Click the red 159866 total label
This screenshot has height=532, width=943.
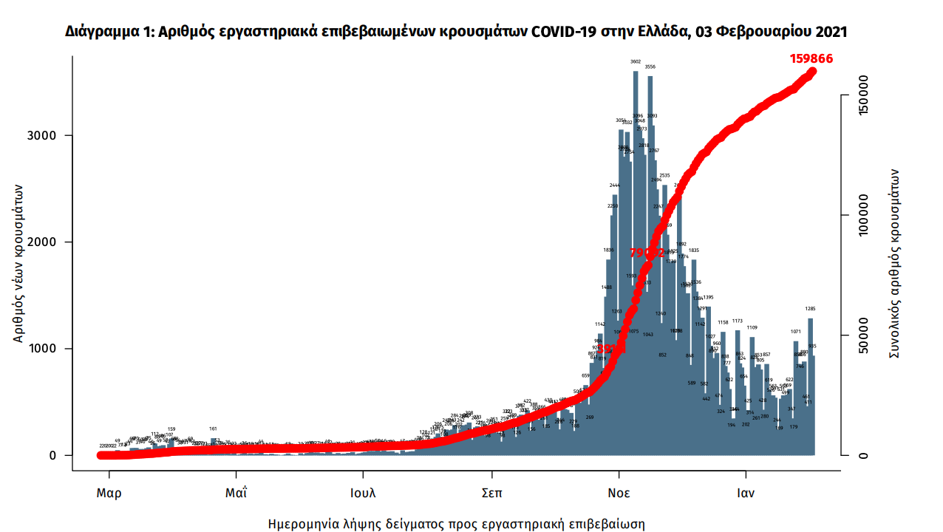pyautogui.click(x=811, y=58)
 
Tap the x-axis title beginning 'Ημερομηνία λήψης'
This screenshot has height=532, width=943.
pyautogui.click(x=456, y=525)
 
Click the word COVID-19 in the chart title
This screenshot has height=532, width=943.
pyautogui.click(x=568, y=33)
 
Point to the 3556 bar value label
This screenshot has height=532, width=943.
pyautogui.click(x=650, y=67)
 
